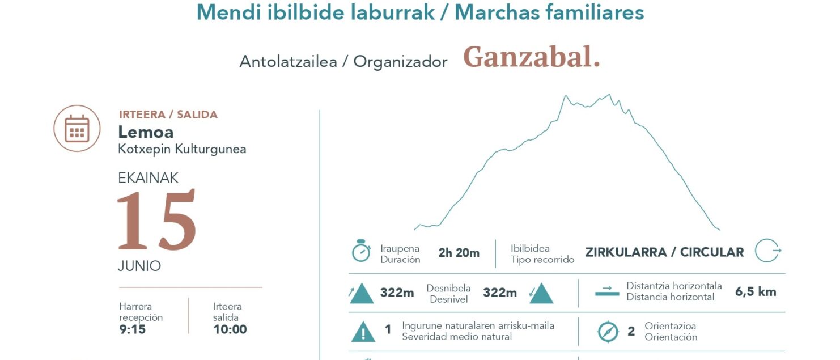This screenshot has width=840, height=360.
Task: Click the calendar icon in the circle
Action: click(77, 128)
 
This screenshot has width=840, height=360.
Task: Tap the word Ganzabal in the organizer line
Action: click(531, 57)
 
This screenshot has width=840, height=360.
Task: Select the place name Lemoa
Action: click(146, 132)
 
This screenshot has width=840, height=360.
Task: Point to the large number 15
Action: click(156, 221)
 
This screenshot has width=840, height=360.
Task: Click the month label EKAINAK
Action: click(149, 178)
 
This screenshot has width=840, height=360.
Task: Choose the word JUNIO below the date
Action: click(139, 266)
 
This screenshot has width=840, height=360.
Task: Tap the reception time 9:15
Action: click(132, 329)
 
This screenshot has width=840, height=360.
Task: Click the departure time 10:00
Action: click(230, 329)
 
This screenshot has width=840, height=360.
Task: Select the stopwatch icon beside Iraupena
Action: click(361, 251)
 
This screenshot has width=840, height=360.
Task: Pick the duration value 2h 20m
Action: click(459, 253)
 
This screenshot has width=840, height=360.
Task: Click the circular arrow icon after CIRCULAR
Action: click(767, 251)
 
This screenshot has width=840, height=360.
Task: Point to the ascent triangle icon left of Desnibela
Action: click(362, 293)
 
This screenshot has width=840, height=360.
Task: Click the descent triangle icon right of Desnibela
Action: click(541, 293)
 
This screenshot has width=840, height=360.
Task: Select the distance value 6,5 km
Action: click(756, 292)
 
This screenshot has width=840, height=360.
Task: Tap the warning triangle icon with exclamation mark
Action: click(363, 332)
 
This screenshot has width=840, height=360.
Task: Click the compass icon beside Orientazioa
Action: click(608, 332)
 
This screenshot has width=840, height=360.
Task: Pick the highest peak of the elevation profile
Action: click(609, 95)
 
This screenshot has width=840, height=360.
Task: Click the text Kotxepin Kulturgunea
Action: click(182, 149)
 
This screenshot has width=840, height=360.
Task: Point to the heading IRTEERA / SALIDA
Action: click(168, 115)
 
